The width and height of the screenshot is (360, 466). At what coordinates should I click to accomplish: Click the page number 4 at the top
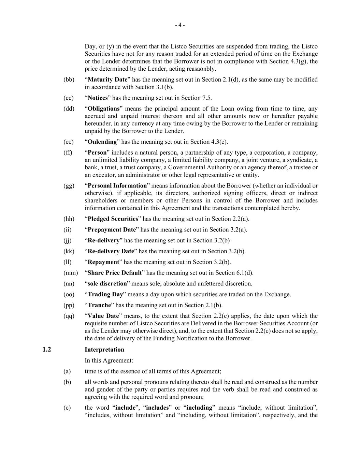(180, 25)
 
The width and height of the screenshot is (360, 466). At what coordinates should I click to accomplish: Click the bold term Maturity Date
(107, 80)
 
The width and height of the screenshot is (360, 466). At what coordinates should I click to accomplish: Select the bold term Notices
(98, 98)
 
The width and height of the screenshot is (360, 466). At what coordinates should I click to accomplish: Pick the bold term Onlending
(102, 142)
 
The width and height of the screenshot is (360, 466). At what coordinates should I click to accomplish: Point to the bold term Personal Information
(117, 186)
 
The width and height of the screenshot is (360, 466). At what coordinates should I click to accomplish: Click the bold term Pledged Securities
(113, 219)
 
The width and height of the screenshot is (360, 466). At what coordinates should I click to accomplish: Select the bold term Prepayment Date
(112, 230)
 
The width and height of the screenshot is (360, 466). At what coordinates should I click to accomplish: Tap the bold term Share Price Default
(115, 273)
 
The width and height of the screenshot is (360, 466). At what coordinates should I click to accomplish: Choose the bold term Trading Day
(105, 295)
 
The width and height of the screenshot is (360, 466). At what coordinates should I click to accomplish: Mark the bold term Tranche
(99, 305)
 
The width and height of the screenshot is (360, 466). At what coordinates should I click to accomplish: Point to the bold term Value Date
(103, 316)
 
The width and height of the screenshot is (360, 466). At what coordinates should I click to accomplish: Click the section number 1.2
(47, 350)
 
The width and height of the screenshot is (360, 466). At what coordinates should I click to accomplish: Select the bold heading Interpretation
(104, 350)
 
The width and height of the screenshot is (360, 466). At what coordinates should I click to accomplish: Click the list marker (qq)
(69, 316)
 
